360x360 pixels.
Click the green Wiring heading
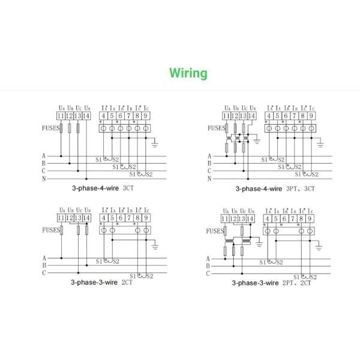coord(188,73)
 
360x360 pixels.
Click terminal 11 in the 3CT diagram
coord(61,116)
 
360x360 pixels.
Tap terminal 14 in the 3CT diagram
coord(86,116)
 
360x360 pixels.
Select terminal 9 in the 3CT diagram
coord(145,116)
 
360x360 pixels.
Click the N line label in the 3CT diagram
coord(43,179)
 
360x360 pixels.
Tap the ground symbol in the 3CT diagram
coord(155,143)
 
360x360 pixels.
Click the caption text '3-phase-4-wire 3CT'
coord(103,188)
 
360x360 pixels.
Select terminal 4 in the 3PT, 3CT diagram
coord(269,116)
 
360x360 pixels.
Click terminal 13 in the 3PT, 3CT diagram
coord(244,116)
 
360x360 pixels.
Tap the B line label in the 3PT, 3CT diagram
coord(209,163)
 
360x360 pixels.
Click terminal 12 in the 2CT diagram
coord(70,218)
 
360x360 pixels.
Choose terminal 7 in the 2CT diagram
coord(128,218)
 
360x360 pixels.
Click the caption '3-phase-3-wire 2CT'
coord(102,281)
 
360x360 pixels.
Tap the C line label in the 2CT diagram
coord(43,273)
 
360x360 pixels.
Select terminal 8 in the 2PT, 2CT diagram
coord(301,218)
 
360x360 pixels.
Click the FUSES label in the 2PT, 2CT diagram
coord(215,230)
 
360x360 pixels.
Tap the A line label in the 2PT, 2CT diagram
coord(208,258)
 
